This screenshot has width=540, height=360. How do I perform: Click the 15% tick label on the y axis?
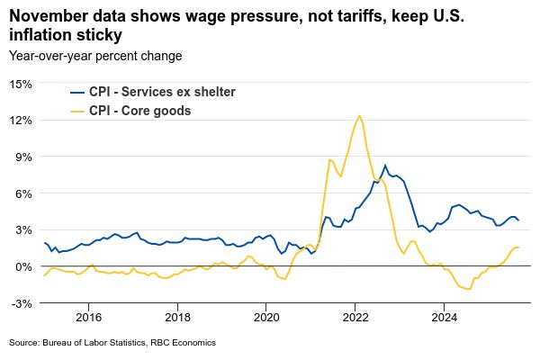tap(21, 83)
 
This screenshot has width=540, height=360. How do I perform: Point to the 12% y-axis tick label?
tap(21, 120)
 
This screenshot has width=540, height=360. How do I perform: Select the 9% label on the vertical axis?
tap(23, 157)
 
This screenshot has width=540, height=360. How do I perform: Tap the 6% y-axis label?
tap(23, 193)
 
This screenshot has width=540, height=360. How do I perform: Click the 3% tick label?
tap(23, 230)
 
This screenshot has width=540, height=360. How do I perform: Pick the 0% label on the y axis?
tap(23, 266)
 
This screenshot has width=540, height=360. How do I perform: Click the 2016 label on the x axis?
tap(88, 317)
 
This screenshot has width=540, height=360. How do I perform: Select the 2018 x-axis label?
tap(177, 317)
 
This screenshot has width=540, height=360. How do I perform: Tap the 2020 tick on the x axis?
tap(266, 317)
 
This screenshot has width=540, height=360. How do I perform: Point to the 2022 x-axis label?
tap(355, 317)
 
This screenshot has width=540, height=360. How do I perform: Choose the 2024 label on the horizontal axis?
tap(445, 317)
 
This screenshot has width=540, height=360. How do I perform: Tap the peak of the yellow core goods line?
tap(359, 115)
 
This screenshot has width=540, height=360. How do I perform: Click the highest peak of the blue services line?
tap(385, 166)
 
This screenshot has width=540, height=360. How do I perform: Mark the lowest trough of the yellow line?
tap(469, 289)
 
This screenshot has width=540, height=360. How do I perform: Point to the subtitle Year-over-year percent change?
tap(95, 56)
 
